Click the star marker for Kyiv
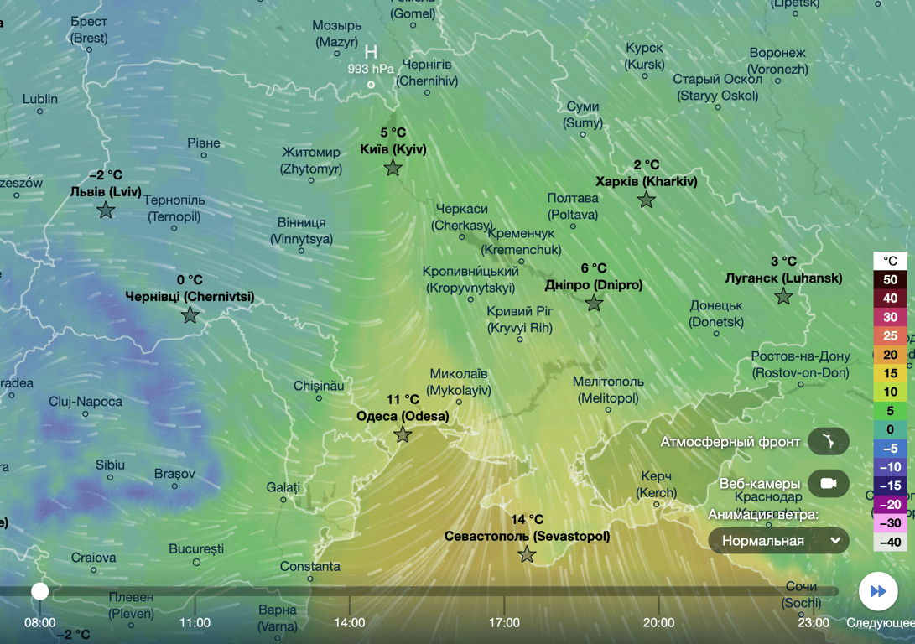click(x=393, y=169)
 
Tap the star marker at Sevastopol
click(x=527, y=554)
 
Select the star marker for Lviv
click(x=106, y=210)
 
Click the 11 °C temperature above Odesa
click(x=403, y=400)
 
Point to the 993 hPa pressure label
click(x=371, y=69)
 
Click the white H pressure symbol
click(x=371, y=52)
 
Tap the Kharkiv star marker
click(x=646, y=200)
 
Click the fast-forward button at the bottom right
click(x=878, y=591)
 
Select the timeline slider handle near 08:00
click(x=39, y=591)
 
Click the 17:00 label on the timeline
click(x=504, y=622)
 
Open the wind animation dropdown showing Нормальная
click(x=778, y=541)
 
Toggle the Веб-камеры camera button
click(x=829, y=484)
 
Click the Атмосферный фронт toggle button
click(x=829, y=441)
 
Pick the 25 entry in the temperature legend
click(x=890, y=335)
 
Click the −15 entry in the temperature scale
click(x=890, y=486)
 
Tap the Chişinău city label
click(x=319, y=386)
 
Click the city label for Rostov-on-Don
click(x=800, y=365)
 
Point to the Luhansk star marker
click(x=783, y=296)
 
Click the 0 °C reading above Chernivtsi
click(x=190, y=280)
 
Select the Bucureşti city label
click(x=196, y=549)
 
